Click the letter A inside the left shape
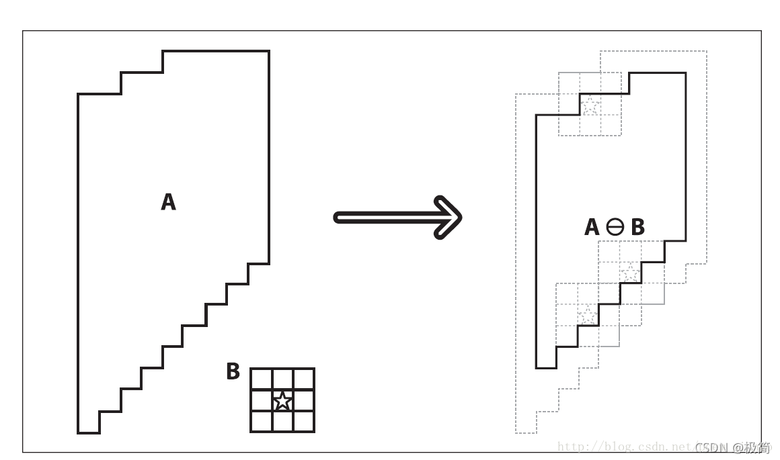click(168, 201)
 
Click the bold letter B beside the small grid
click(233, 371)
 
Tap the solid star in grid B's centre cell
click(283, 401)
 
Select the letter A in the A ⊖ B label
click(592, 228)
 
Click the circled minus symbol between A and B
click(615, 228)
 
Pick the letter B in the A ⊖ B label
click(637, 228)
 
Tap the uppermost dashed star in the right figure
click(590, 105)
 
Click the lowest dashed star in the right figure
click(588, 314)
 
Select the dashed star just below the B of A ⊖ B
click(630, 273)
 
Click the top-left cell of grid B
click(262, 379)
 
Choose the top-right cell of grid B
click(304, 379)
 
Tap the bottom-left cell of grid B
click(262, 422)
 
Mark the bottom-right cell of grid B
click(304, 422)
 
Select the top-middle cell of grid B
click(283, 379)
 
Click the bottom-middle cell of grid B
click(283, 422)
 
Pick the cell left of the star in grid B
click(262, 401)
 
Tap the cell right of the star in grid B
click(304, 401)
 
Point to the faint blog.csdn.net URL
click(625, 447)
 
